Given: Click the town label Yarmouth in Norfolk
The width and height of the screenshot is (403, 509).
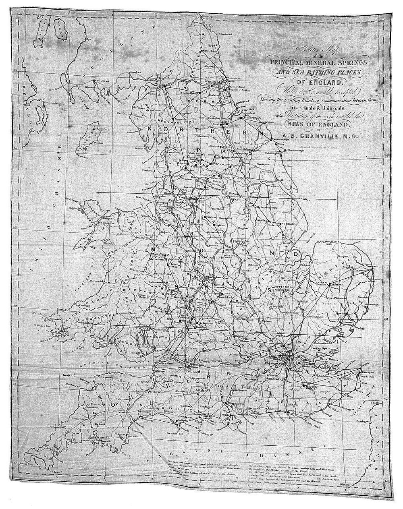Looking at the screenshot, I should pyautogui.click(x=372, y=267).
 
